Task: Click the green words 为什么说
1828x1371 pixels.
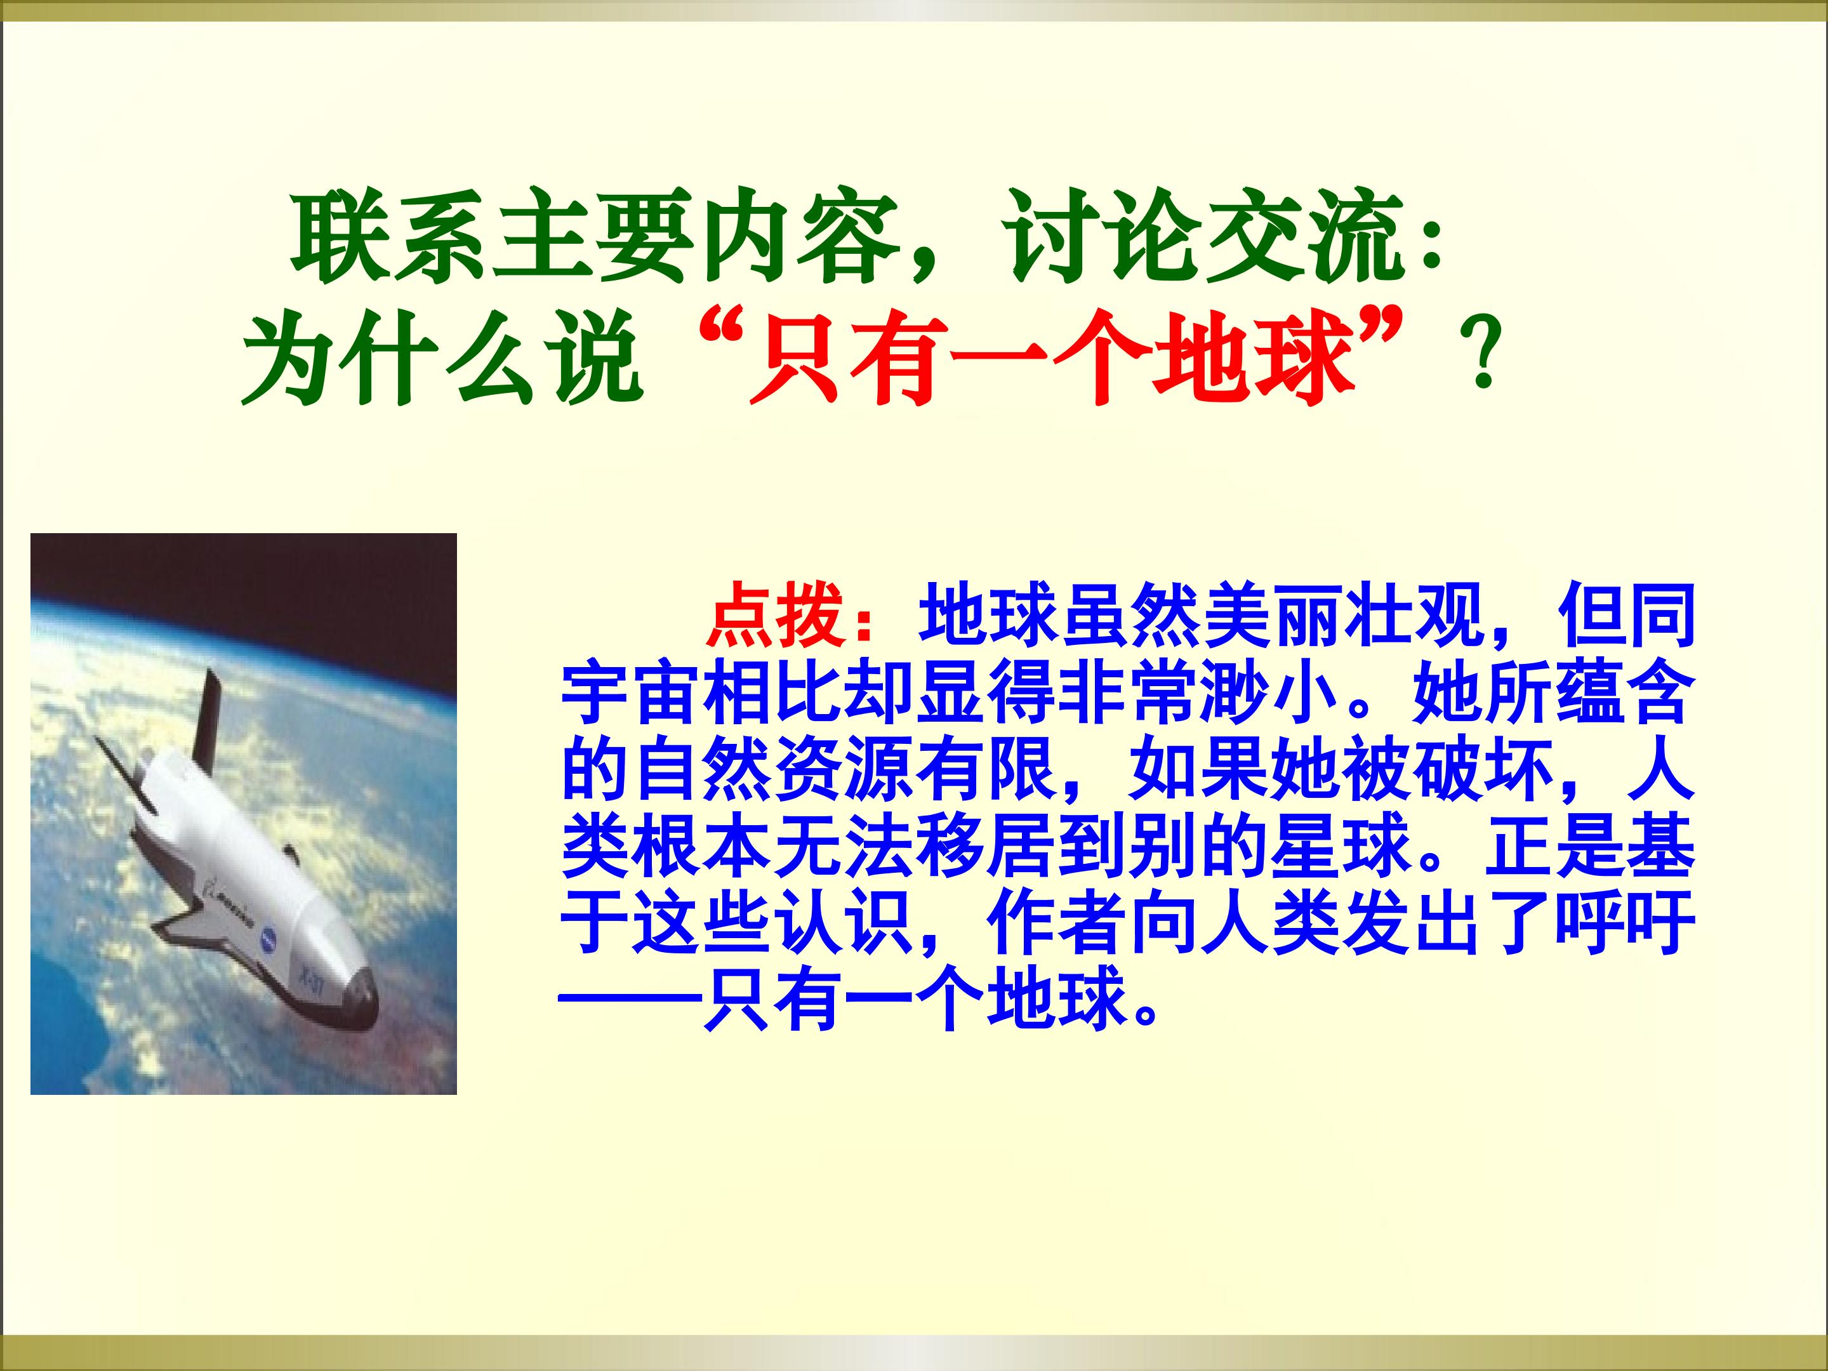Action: [442, 361]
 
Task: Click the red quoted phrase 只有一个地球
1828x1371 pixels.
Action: [1050, 361]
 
